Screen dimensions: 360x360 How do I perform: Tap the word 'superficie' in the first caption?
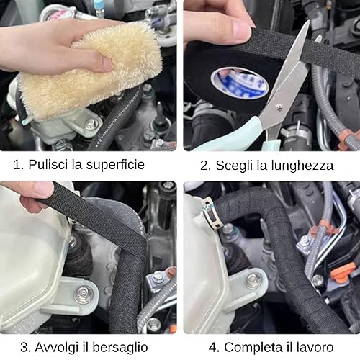tap(115, 166)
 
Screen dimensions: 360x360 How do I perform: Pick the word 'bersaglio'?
tap(120, 347)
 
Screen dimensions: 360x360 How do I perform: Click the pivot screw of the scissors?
tap(279, 106)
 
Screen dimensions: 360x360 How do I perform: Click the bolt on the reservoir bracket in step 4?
tap(253, 280)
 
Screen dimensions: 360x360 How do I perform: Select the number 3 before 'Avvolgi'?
tap(24, 347)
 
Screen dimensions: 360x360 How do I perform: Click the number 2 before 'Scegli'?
tap(204, 166)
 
